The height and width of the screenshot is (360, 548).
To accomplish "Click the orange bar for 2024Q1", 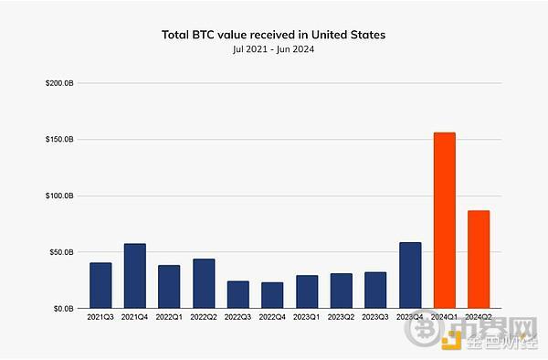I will coord(444,220).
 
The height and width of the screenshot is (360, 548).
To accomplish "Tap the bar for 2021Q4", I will coord(134,276).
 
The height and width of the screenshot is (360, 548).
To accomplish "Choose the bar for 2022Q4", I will coord(272,295).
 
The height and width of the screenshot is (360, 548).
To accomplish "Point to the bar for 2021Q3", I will coord(100,285).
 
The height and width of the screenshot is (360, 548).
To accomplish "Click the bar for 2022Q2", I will coord(204,283).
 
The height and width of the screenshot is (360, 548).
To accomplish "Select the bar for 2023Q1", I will coord(307,291).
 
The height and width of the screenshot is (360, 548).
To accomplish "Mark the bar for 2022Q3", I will coord(237,294).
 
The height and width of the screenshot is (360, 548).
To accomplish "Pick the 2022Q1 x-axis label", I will coord(169,317).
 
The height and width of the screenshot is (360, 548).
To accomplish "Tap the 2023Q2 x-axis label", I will coord(341,317).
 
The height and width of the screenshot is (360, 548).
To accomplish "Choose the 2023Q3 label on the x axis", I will coord(375,317).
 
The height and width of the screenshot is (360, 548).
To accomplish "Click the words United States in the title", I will coord(353,35).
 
